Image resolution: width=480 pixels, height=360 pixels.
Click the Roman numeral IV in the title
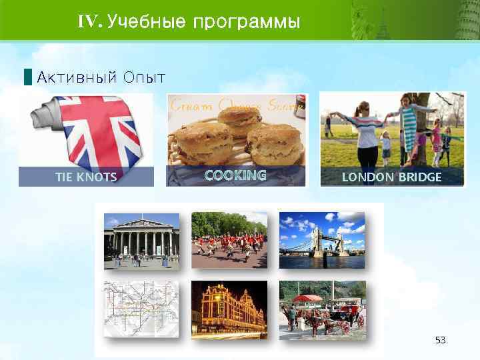(89, 22)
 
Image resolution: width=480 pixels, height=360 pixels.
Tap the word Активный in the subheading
(76, 77)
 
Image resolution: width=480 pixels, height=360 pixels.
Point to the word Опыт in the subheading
(144, 78)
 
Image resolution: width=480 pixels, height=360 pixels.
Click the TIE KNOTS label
(85, 177)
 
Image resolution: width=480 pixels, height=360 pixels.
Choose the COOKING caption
(235, 175)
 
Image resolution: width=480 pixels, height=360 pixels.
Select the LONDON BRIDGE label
(391, 177)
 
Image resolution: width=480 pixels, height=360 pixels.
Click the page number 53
(440, 341)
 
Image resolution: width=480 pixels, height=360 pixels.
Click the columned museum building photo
(141, 240)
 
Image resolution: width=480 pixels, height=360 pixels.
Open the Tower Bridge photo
(321, 240)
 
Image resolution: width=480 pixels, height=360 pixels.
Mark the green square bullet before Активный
(27, 77)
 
